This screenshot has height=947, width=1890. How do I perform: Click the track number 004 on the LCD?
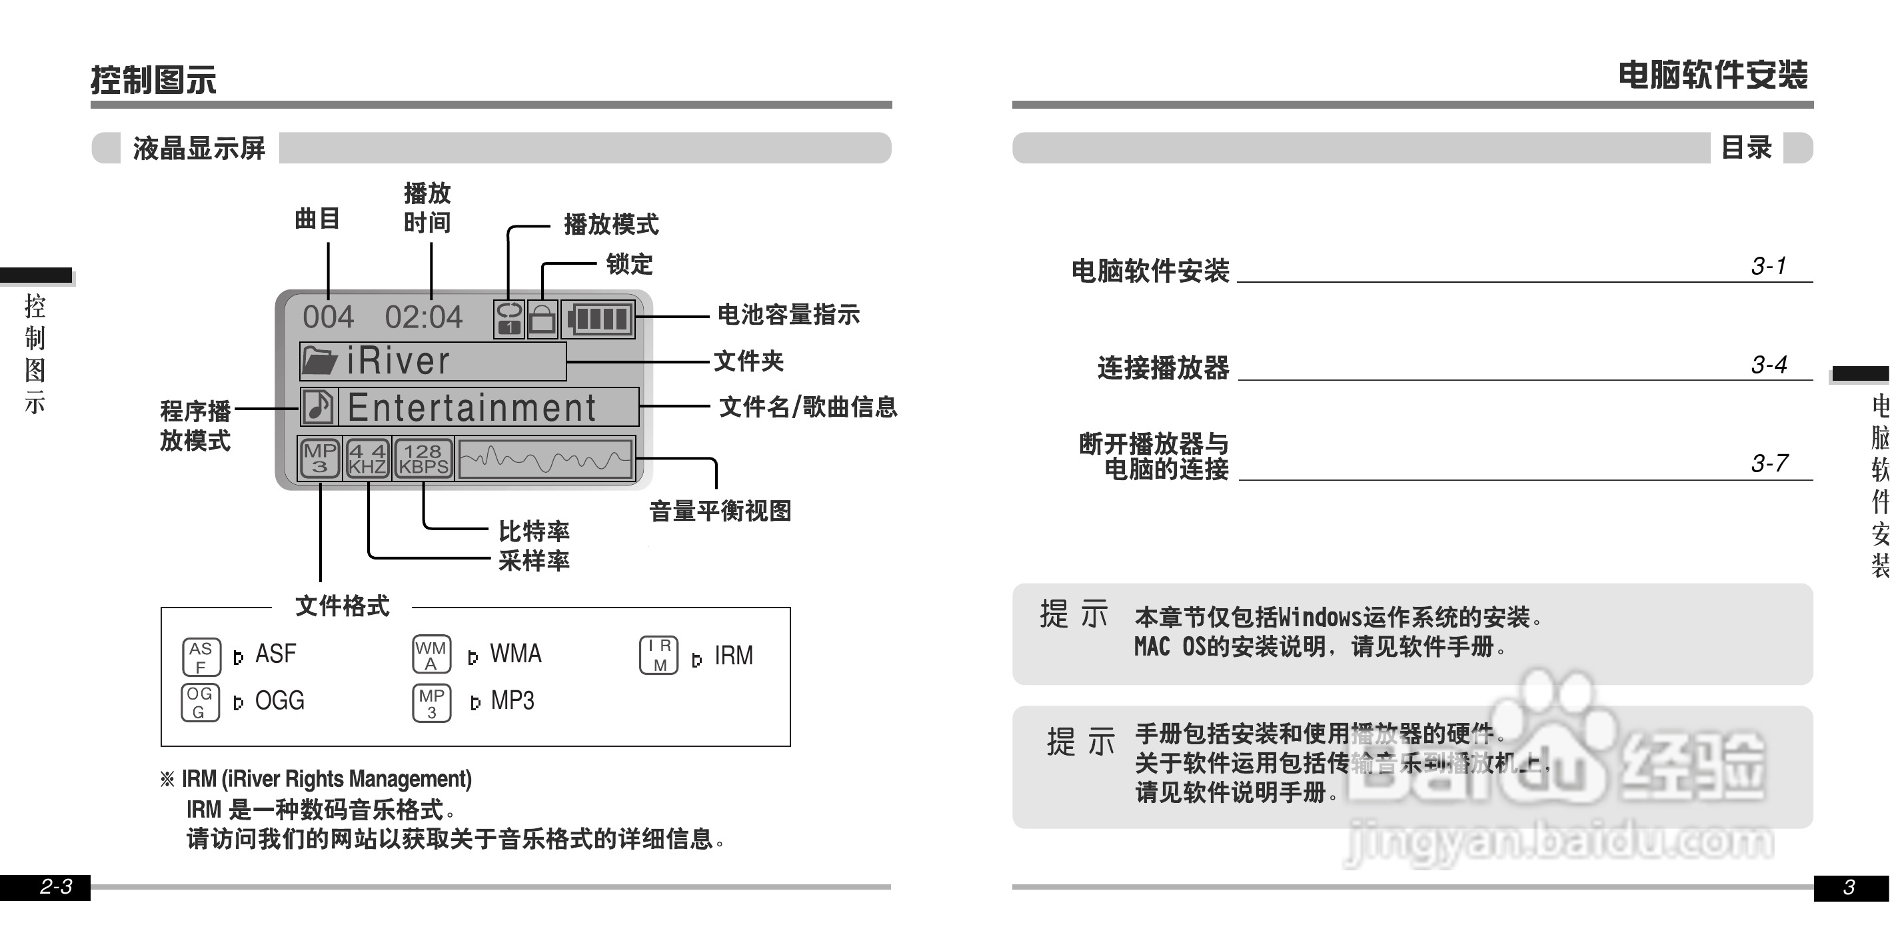(328, 317)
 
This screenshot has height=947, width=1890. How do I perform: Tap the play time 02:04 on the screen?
(423, 317)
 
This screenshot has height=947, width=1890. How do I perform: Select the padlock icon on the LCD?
(542, 319)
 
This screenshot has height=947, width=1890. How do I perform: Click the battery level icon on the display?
(599, 319)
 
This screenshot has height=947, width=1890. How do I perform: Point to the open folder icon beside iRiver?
(319, 360)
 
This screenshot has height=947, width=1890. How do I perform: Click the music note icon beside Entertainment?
(319, 407)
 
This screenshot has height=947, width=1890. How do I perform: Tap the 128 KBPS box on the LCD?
(423, 459)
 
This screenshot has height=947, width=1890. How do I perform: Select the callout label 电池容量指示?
(788, 315)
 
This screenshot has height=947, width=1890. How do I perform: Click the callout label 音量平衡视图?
(720, 511)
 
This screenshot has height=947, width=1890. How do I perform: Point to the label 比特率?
(533, 531)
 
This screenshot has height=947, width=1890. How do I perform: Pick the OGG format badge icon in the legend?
(199, 702)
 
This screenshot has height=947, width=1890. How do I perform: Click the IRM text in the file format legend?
(733, 656)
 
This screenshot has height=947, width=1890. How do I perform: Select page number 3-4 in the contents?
(1769, 364)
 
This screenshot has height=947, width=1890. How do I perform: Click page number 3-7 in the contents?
(1769, 463)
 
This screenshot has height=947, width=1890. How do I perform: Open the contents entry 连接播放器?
(1163, 367)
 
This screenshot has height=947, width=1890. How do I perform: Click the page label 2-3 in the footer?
(56, 887)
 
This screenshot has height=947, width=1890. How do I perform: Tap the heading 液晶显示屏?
(199, 148)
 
